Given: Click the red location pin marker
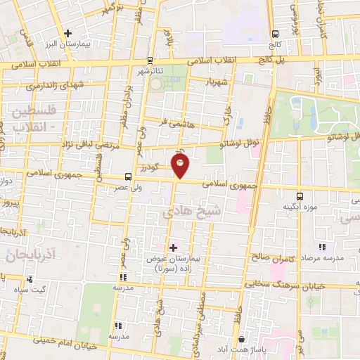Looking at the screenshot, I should point(181,166).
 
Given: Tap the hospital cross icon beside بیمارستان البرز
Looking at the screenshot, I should point(67,32).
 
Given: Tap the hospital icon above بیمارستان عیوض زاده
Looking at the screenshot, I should point(173,247).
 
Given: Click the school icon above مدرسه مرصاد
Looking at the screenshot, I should point(322,247).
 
